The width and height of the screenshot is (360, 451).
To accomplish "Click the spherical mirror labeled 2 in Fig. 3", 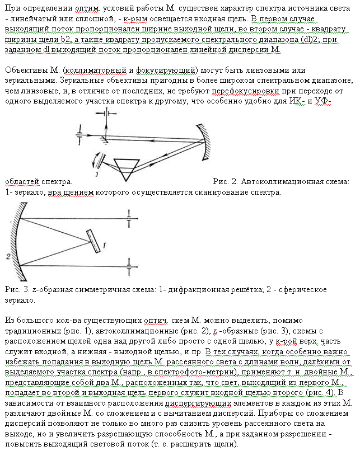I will click(x=16, y=241).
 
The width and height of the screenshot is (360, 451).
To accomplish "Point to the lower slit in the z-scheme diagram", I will click(x=129, y=271).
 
